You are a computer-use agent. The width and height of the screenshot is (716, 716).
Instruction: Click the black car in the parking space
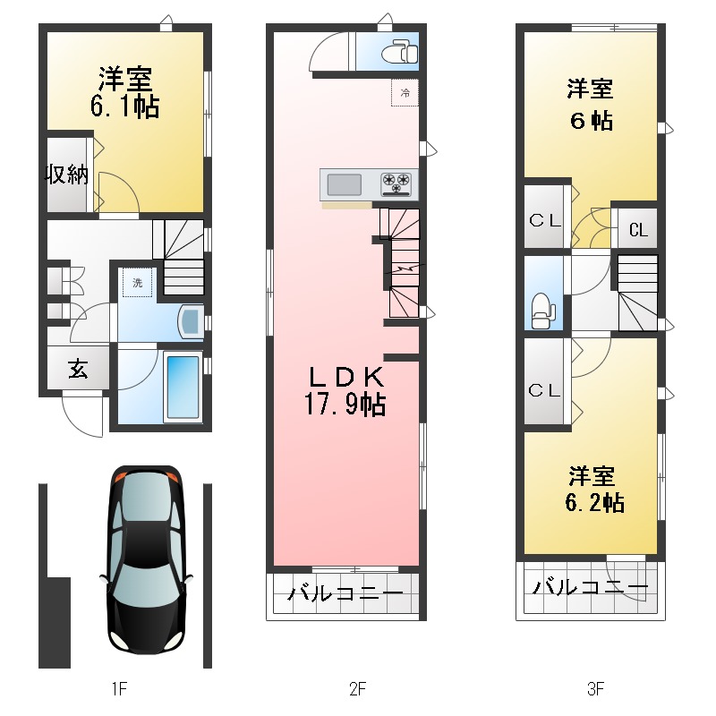click(147, 560)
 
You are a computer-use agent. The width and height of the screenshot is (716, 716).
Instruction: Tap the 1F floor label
click(119, 688)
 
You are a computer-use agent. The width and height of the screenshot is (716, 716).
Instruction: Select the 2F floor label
click(357, 688)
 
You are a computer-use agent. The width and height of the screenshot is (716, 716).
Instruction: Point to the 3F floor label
click(595, 688)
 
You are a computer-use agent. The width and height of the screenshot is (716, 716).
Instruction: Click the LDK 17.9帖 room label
click(345, 391)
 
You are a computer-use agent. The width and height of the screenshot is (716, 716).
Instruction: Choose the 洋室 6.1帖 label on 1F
click(124, 93)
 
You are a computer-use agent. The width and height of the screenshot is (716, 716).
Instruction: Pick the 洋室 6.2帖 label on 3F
click(594, 489)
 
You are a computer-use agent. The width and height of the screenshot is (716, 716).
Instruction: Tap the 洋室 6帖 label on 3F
click(591, 105)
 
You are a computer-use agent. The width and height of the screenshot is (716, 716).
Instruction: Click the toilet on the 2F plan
click(399, 51)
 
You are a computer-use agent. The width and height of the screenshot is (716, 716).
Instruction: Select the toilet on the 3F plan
click(543, 310)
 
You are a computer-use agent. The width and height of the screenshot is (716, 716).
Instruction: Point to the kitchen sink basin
click(345, 184)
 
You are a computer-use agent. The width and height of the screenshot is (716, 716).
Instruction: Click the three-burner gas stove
click(396, 183)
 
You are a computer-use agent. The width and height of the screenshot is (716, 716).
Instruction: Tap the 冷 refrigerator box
click(405, 93)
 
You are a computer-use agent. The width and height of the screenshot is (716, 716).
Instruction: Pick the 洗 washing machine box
click(138, 283)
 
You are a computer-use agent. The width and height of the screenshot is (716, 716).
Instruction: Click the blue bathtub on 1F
click(183, 388)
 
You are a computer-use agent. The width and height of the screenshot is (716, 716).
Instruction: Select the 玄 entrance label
click(79, 369)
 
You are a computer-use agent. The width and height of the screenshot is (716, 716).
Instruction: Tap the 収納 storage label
click(66, 174)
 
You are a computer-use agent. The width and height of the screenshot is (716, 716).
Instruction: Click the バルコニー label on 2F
click(345, 593)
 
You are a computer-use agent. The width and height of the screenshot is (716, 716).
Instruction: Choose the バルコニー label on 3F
click(591, 587)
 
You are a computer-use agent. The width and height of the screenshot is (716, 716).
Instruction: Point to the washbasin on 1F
click(192, 322)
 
